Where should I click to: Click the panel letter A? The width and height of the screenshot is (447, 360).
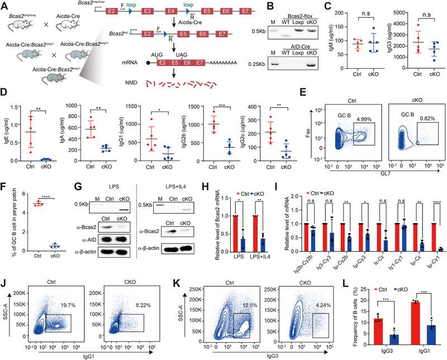click(x=4, y=5)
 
